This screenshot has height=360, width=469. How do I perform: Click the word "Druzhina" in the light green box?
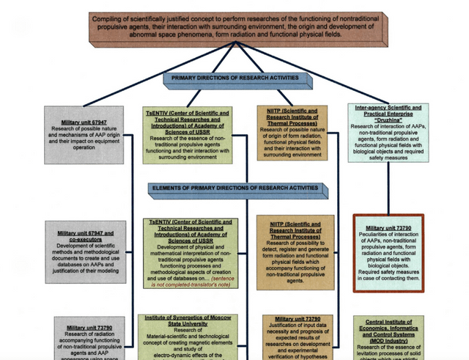pyautogui.click(x=385, y=120)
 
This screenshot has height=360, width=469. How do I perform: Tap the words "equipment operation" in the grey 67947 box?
pyautogui.click(x=83, y=146)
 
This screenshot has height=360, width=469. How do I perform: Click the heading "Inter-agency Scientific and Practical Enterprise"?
pyautogui.click(x=385, y=111)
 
